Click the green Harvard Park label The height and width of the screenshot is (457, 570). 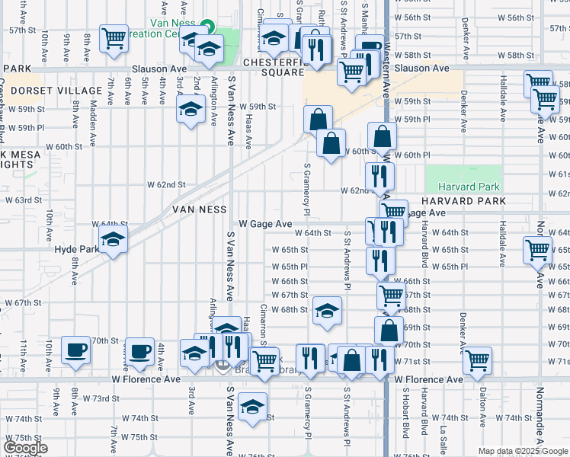click(469, 187)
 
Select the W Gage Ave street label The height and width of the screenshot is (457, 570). click(265, 224)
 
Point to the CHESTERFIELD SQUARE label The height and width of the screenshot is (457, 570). click(274, 67)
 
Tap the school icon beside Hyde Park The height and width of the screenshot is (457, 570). click(113, 241)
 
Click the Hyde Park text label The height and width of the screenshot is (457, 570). click(76, 249)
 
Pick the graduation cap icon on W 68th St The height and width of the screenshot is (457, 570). click(326, 310)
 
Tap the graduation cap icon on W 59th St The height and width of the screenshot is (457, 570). click(191, 109)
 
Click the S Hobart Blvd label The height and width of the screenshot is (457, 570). click(404, 430)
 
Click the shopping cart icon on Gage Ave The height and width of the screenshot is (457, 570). click(393, 213)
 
